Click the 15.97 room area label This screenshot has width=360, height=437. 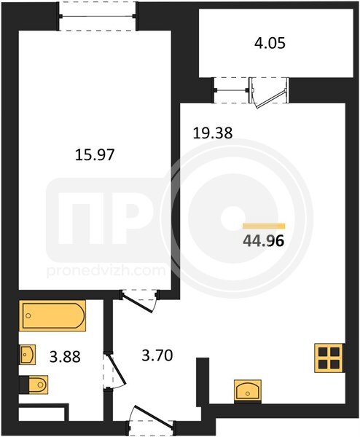(x=95, y=154)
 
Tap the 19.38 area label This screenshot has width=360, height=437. (x=213, y=133)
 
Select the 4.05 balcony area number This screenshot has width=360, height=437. (x=270, y=44)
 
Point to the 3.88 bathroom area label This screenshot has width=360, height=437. (x=65, y=356)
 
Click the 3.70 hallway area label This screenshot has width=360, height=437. (x=157, y=355)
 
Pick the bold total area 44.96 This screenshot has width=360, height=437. (x=264, y=241)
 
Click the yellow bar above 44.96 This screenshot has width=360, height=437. (x=264, y=226)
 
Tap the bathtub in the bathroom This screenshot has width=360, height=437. (x=52, y=316)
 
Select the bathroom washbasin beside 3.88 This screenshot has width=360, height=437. (x=27, y=355)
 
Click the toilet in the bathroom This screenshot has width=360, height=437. (x=34, y=385)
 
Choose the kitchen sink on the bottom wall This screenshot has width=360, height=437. (x=248, y=391)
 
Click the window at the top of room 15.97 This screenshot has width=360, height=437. (x=98, y=16)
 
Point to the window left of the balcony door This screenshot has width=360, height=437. (x=231, y=90)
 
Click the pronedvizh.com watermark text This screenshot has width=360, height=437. (x=106, y=271)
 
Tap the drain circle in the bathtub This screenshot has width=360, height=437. (x=28, y=315)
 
